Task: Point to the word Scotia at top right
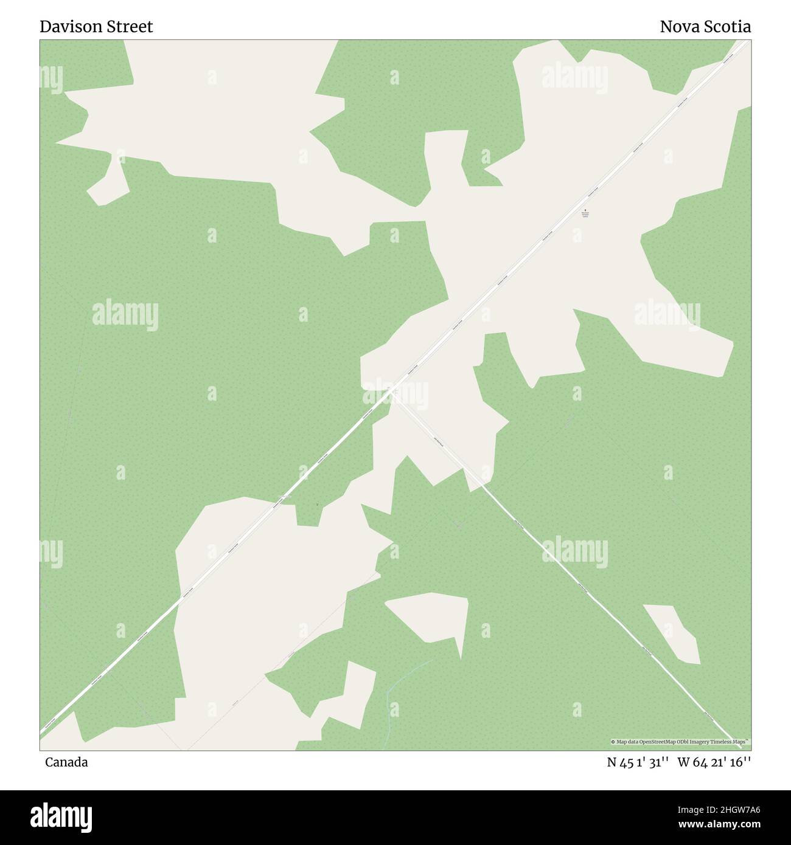(728, 27)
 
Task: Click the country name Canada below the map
(66, 762)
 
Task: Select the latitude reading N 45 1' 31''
(638, 762)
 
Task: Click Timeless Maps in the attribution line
(730, 742)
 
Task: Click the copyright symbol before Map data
(614, 742)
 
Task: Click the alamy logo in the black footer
(62, 816)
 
